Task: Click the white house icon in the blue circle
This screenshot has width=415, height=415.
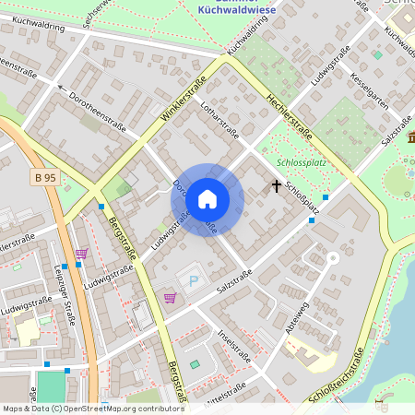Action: [x=207, y=198]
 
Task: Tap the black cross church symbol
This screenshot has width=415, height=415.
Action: [x=275, y=186]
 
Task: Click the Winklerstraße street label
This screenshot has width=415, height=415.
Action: [x=184, y=101]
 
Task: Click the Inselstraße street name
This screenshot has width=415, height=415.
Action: [x=235, y=343]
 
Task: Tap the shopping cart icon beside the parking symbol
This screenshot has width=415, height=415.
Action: [x=170, y=297]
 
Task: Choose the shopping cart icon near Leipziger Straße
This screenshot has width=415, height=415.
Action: [x=81, y=253]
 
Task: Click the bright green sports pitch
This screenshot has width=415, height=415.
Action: [x=53, y=386]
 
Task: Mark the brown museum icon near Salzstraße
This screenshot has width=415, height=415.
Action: [x=410, y=138]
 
